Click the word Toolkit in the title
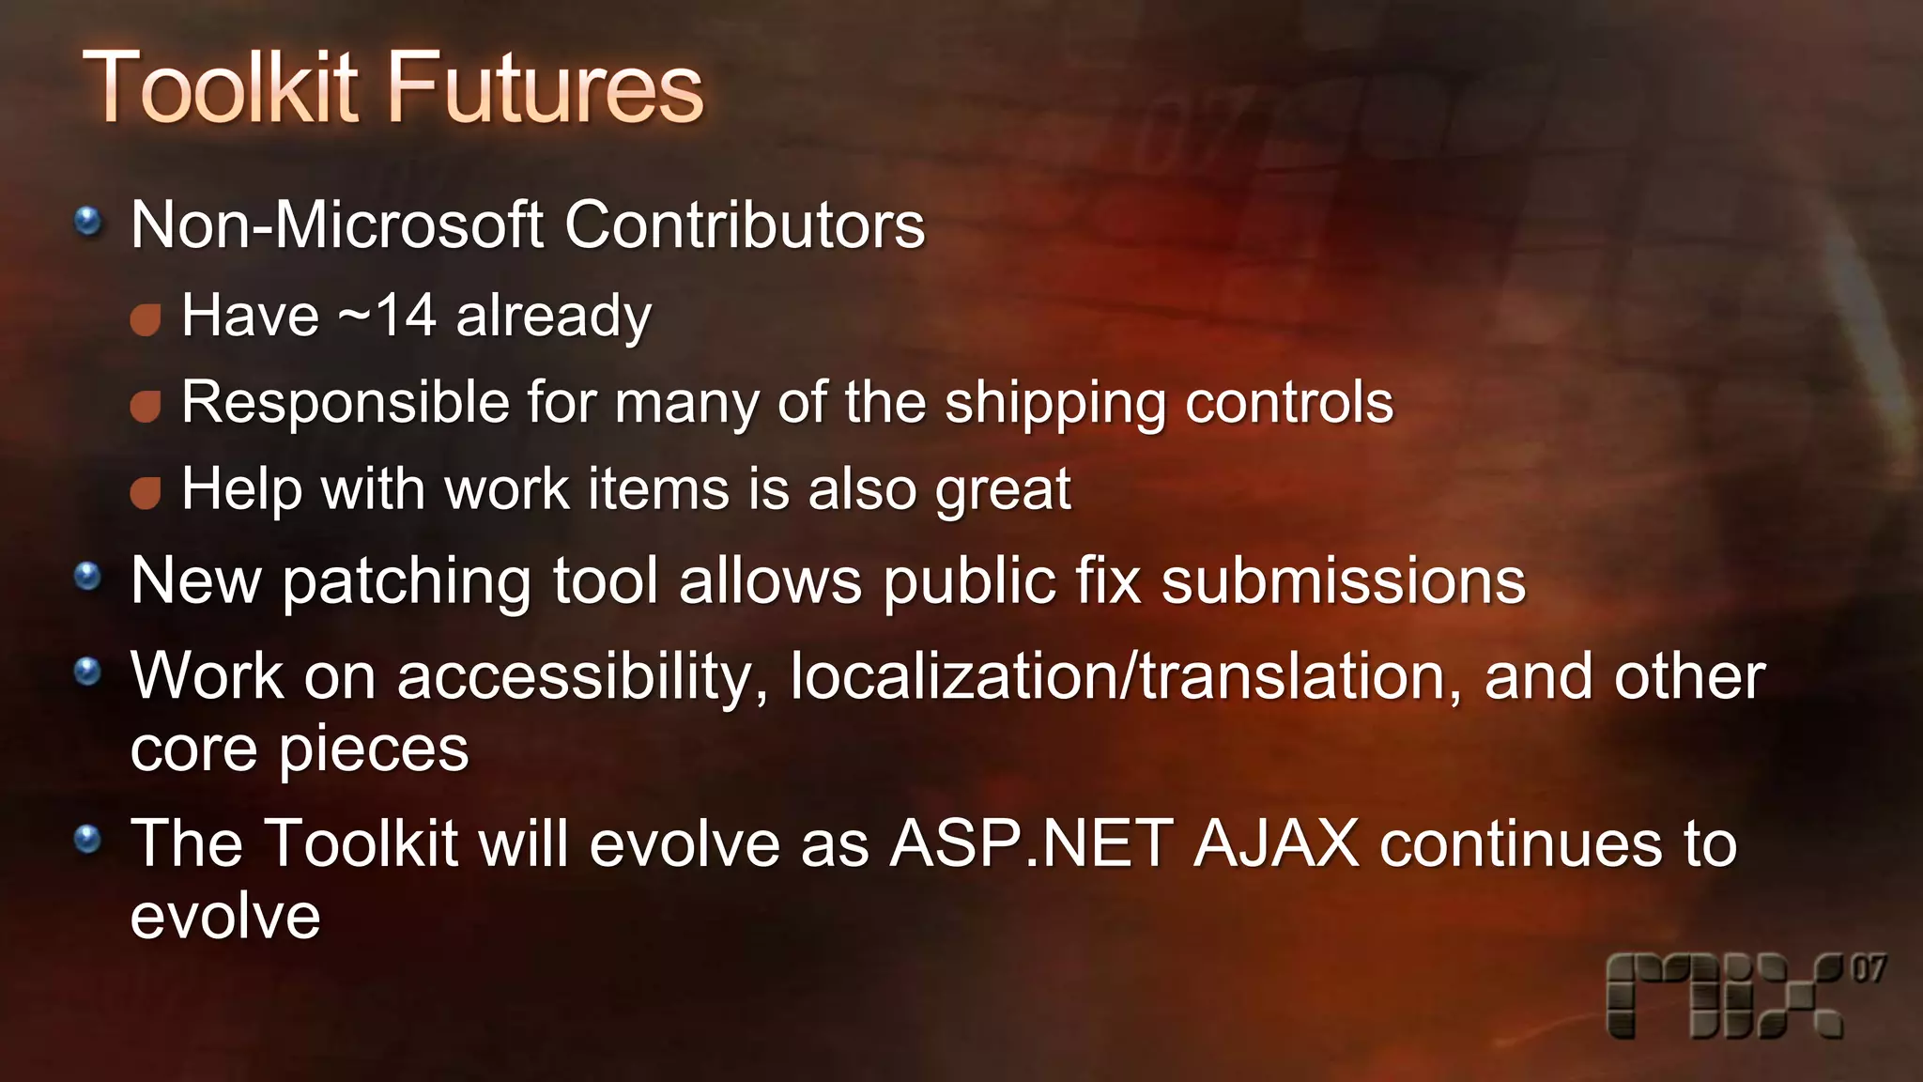[221, 88]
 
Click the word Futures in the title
[545, 88]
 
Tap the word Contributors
[745, 225]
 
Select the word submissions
[1344, 582]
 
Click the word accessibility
[582, 678]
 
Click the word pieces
[374, 751]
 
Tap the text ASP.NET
[1031, 843]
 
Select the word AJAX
[1276, 843]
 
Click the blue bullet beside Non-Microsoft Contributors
[88, 223]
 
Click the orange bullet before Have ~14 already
[146, 320]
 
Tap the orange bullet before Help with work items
[146, 493]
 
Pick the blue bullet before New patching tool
[88, 576]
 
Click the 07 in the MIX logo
[1869, 969]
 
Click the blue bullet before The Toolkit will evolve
[88, 839]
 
